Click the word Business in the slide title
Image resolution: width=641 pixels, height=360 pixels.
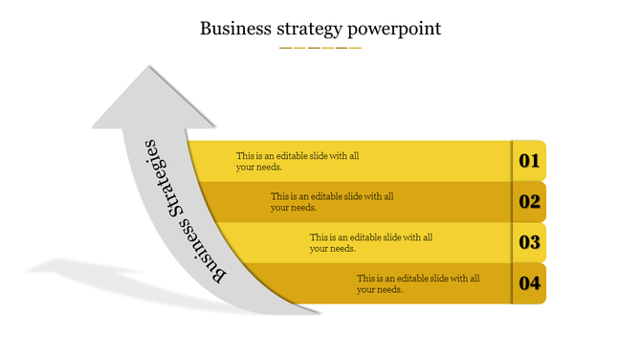233,28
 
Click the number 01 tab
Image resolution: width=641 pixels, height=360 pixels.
530,161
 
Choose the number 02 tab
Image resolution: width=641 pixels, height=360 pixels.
530,202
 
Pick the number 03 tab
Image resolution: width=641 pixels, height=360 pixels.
530,243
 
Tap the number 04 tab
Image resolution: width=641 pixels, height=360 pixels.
530,283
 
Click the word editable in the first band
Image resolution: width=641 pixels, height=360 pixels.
301,155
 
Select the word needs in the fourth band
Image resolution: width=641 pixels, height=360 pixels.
402,289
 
